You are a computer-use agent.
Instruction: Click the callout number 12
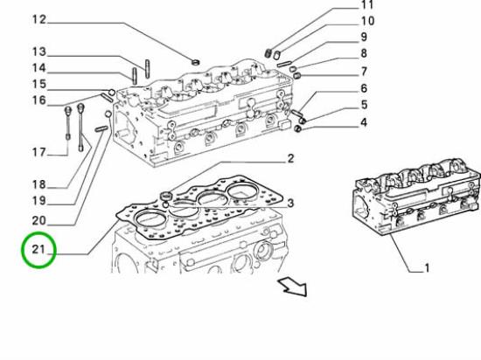coord(39,19)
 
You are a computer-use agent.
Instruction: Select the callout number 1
coord(427,268)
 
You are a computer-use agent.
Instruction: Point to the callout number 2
coord(290,158)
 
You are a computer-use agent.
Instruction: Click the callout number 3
coord(290,203)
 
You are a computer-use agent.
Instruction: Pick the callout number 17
coord(39,152)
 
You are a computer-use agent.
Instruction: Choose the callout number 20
coord(39,220)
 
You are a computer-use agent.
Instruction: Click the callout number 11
coord(367,5)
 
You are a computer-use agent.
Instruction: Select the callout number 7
coord(364,72)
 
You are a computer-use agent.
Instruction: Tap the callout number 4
coord(364,122)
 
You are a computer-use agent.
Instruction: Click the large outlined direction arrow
coord(293,287)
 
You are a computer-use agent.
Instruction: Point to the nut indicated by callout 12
coord(195,61)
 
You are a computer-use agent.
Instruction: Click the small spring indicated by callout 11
coord(268,52)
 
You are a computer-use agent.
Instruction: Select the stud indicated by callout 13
coord(147,69)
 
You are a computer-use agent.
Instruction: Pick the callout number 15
coord(39,84)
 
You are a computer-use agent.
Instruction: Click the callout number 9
coord(364,37)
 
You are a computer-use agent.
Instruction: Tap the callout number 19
coord(39,201)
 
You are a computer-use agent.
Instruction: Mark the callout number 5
coord(364,105)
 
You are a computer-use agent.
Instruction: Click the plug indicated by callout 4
coord(297,129)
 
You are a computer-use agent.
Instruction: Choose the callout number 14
coord(39,68)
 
